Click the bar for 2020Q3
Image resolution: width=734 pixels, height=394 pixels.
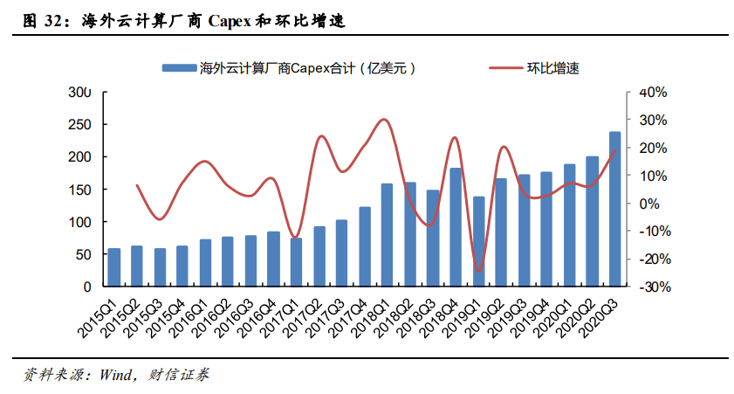tap(614, 209)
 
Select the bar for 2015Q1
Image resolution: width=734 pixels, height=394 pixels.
tap(114, 267)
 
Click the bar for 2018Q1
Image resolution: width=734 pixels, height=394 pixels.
tap(387, 235)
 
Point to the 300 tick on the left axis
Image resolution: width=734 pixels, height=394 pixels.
tap(79, 93)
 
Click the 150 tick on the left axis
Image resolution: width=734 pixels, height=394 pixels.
tap(79, 190)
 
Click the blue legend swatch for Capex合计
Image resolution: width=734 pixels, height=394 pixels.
tap(179, 67)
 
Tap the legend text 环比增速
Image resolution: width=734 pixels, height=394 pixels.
tap(552, 67)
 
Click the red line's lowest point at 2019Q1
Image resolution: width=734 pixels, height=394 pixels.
tap(477, 271)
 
